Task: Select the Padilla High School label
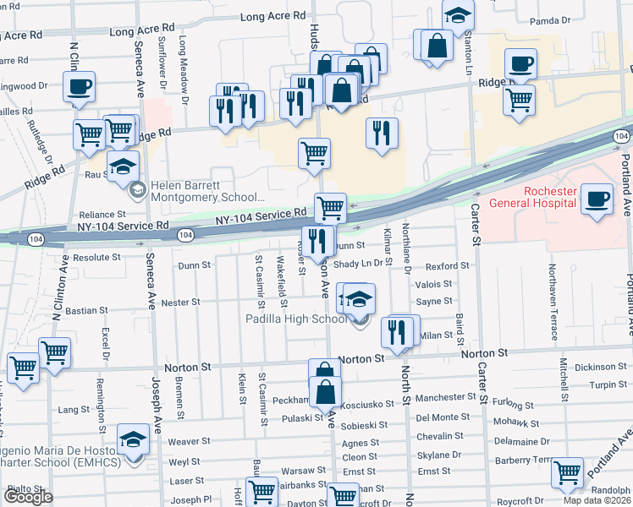click(x=295, y=319)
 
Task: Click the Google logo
click(x=28, y=497)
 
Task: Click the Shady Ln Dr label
click(x=360, y=264)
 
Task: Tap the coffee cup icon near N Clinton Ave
click(x=79, y=86)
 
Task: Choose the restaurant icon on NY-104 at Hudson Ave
click(x=318, y=242)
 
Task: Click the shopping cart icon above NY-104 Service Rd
click(x=330, y=207)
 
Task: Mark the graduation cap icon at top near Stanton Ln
click(x=458, y=16)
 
